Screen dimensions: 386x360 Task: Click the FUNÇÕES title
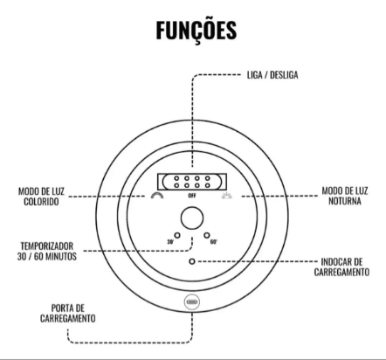pyautogui.click(x=196, y=31)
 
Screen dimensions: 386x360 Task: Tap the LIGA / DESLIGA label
pyautogui.click(x=272, y=75)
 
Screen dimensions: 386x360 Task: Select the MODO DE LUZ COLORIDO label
pyautogui.click(x=41, y=197)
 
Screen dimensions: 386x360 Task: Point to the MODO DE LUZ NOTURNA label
pyautogui.click(x=345, y=196)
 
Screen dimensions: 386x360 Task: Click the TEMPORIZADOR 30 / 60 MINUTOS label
pyautogui.click(x=46, y=251)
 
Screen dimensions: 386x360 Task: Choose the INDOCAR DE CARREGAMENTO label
pyautogui.click(x=341, y=267)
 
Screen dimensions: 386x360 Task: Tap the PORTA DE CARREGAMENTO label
pyautogui.click(x=68, y=314)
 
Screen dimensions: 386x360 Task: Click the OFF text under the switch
pyautogui.click(x=192, y=196)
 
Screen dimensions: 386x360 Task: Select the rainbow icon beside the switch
pyautogui.click(x=157, y=196)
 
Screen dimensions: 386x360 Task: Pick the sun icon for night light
pyautogui.click(x=227, y=196)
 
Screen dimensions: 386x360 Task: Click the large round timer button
pyautogui.click(x=192, y=218)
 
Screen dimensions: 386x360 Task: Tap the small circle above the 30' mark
pyautogui.click(x=177, y=235)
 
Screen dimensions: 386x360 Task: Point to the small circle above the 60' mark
pyautogui.click(x=207, y=235)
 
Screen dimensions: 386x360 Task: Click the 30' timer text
pyautogui.click(x=170, y=242)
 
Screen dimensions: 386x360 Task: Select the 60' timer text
pyautogui.click(x=214, y=242)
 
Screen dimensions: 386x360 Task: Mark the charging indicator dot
pyautogui.click(x=192, y=261)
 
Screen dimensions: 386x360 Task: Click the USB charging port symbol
pyautogui.click(x=192, y=302)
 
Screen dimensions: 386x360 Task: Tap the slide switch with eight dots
pyautogui.click(x=192, y=182)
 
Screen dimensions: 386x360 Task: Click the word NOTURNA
pyautogui.click(x=345, y=201)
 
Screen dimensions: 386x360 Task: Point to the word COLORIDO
pyautogui.click(x=41, y=202)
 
